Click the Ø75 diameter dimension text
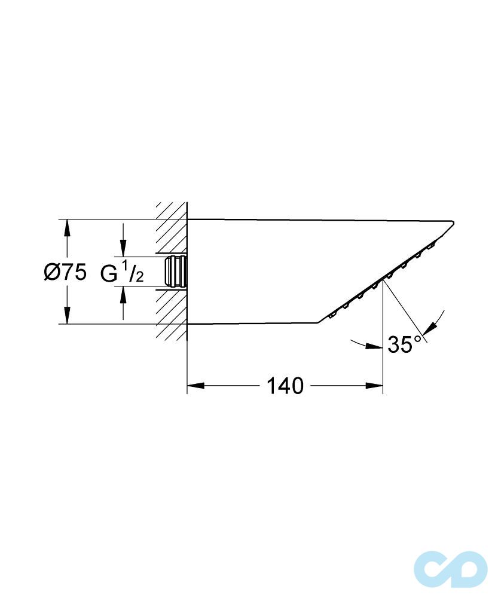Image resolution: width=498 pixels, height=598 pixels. coord(65,272)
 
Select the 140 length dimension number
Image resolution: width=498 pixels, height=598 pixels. coord(285,386)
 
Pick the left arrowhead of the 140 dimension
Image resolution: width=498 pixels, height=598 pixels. coord(195,386)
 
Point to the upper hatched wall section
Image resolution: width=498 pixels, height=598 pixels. coord(172,230)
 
